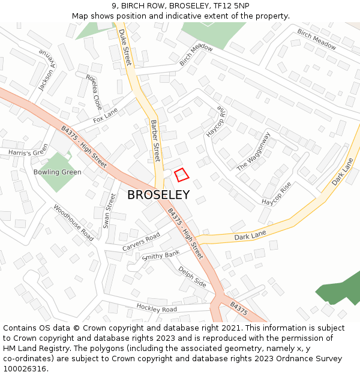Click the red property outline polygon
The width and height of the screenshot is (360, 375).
[181, 175]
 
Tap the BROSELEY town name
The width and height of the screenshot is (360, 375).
[158, 195]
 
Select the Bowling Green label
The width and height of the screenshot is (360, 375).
[58, 172]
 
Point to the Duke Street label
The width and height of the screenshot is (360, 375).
[125, 47]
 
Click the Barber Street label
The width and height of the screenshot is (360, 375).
[155, 140]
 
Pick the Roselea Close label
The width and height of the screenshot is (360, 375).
[94, 92]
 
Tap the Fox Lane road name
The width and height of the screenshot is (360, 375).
[106, 116]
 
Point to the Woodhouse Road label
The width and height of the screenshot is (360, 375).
[73, 223]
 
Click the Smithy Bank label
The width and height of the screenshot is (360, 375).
[161, 256]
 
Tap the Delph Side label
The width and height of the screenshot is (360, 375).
[192, 276]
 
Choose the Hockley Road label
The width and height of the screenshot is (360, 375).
[157, 308]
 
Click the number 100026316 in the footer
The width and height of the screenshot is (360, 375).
[25, 368]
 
